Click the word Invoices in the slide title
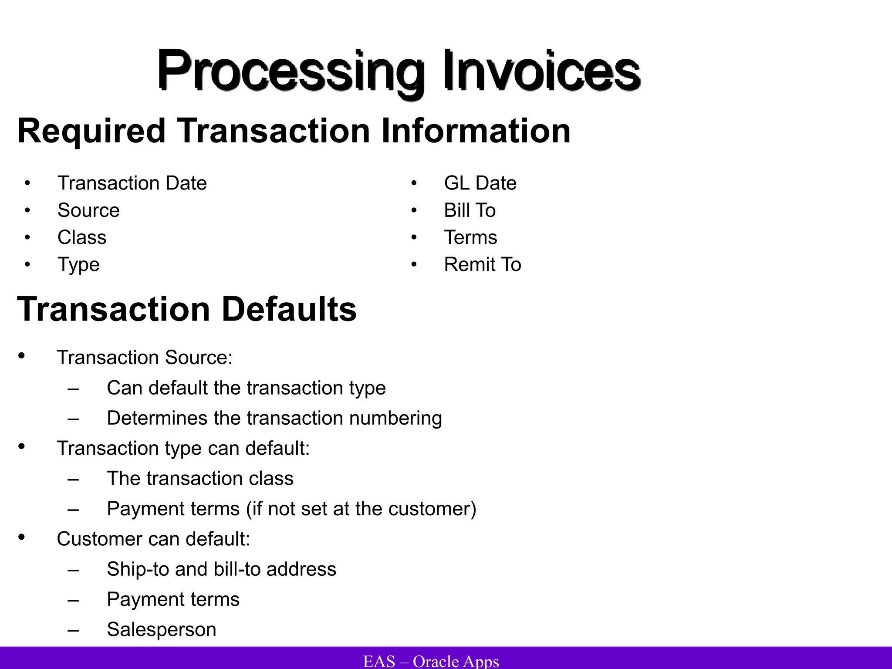(542, 71)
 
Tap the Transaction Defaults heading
(187, 309)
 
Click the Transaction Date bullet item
(132, 183)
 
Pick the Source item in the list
(88, 210)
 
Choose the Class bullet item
(82, 237)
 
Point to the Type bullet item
(78, 265)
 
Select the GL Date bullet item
(480, 183)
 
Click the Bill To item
(470, 210)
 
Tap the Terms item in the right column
(470, 237)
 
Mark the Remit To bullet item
(482, 264)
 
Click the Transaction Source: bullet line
(145, 358)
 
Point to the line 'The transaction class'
(200, 478)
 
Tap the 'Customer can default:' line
(153, 539)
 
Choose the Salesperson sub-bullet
(161, 629)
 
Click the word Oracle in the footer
(436, 661)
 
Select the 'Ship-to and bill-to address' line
(221, 569)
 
